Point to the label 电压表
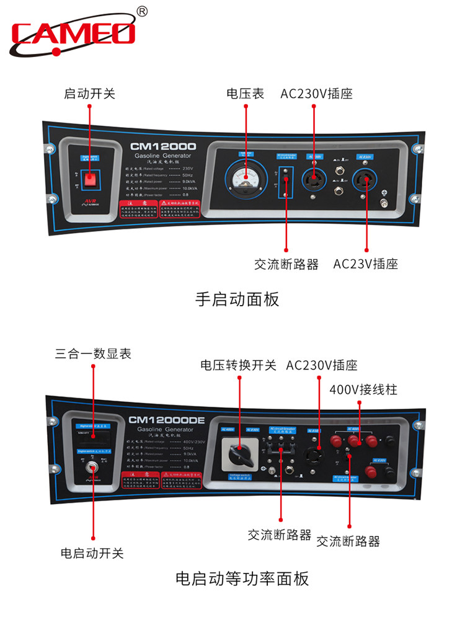coord(245,94)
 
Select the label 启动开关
coord(90,94)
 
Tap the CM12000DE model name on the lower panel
coord(166,420)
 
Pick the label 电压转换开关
coord(238,365)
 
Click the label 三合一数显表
coord(93,354)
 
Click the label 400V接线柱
coord(363,390)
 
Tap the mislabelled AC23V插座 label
coord(365,264)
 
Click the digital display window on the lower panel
coord(93,438)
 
